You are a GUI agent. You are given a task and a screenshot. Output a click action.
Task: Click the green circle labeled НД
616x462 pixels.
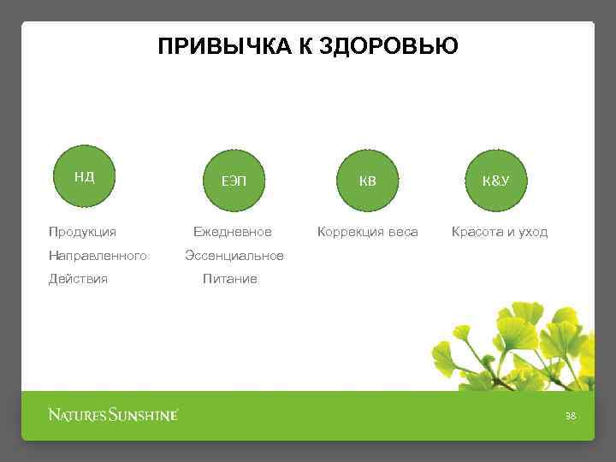click(x=84, y=178)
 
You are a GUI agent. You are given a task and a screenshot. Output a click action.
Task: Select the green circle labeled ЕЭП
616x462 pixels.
click(x=232, y=181)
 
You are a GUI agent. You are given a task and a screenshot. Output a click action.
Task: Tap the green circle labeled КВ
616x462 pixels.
click(x=367, y=181)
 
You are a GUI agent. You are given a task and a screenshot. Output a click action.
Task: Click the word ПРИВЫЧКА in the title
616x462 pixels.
click(x=225, y=46)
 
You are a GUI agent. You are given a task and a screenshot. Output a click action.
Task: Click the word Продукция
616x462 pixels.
click(x=83, y=232)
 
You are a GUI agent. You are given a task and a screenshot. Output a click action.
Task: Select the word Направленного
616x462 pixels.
click(x=98, y=256)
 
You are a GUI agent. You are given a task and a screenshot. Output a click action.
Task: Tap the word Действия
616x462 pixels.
click(x=79, y=279)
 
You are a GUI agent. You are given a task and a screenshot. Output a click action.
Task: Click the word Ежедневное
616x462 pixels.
click(x=232, y=232)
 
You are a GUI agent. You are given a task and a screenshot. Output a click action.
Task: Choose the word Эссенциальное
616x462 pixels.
click(x=234, y=256)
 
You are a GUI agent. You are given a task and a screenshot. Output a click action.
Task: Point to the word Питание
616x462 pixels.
click(x=229, y=279)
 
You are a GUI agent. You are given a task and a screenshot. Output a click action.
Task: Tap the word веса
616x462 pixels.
click(x=402, y=232)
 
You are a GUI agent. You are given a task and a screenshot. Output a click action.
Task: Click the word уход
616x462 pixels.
click(x=533, y=232)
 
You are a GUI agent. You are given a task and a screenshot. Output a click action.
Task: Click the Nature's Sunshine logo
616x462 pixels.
click(x=113, y=416)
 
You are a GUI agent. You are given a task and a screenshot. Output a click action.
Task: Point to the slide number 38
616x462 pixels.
click(x=571, y=416)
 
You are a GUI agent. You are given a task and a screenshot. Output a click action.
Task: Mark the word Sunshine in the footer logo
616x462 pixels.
click(x=143, y=416)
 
